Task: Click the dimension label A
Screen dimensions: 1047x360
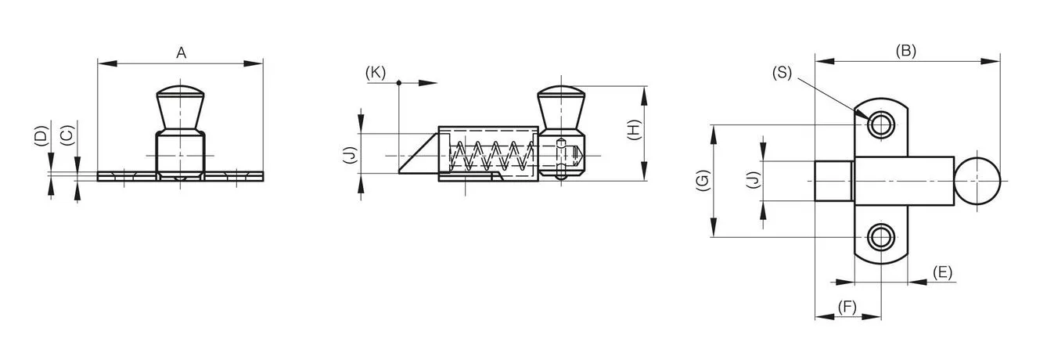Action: click(181, 53)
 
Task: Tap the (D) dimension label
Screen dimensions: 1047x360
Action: click(41, 135)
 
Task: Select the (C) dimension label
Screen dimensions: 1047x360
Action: click(67, 135)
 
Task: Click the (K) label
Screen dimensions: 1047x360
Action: click(376, 73)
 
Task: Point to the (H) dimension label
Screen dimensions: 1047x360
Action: click(633, 130)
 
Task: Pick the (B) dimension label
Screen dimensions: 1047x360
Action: click(906, 51)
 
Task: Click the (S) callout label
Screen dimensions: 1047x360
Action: click(782, 73)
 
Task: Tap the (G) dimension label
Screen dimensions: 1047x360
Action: click(703, 181)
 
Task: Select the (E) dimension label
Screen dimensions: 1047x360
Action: click(942, 272)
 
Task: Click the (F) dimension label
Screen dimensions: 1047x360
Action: click(847, 307)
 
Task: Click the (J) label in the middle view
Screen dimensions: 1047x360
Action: click(350, 155)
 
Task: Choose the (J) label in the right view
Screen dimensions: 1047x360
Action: click(753, 179)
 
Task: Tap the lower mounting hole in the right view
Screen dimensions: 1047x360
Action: click(881, 237)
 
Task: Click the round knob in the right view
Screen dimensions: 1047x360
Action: click(977, 181)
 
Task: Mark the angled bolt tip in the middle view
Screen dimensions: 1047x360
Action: click(419, 153)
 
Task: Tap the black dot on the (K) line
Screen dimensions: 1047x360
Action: click(399, 83)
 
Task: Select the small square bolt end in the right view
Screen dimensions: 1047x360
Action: click(834, 181)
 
